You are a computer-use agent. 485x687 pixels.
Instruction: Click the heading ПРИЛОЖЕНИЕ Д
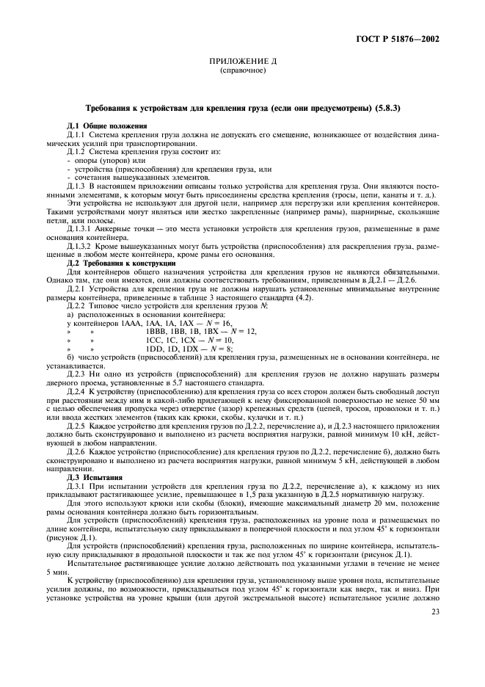(242, 64)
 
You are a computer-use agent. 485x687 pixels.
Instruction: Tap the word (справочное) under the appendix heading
(242, 72)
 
